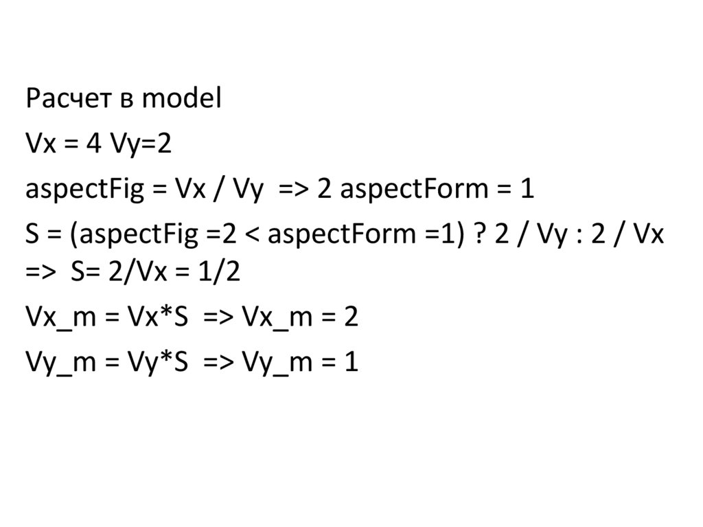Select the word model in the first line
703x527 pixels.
click(181, 100)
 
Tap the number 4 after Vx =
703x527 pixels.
click(91, 145)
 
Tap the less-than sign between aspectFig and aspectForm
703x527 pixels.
click(253, 236)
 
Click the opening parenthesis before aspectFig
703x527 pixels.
click(71, 236)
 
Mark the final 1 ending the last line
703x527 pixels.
click(351, 362)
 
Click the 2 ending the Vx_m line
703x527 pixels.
click(351, 317)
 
